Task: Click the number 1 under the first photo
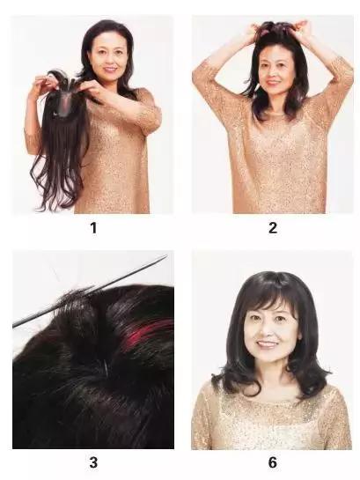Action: (93, 228)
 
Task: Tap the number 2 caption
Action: (273, 228)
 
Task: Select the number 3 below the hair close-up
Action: (93, 462)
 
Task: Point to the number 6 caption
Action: (273, 462)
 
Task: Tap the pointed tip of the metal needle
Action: (167, 256)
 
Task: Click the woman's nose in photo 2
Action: (273, 74)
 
